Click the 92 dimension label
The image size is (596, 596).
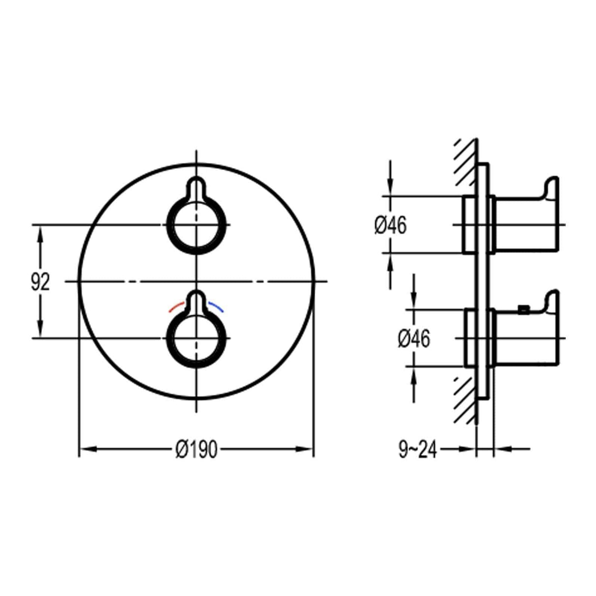tap(40, 282)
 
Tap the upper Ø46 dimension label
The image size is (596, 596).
tap(390, 225)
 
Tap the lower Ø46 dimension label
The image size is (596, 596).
tap(413, 338)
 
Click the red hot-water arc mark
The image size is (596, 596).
tap(176, 308)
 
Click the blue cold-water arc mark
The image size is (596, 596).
tap(216, 307)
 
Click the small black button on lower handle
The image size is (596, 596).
tap(524, 309)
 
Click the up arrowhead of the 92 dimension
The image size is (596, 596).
tap(41, 233)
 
